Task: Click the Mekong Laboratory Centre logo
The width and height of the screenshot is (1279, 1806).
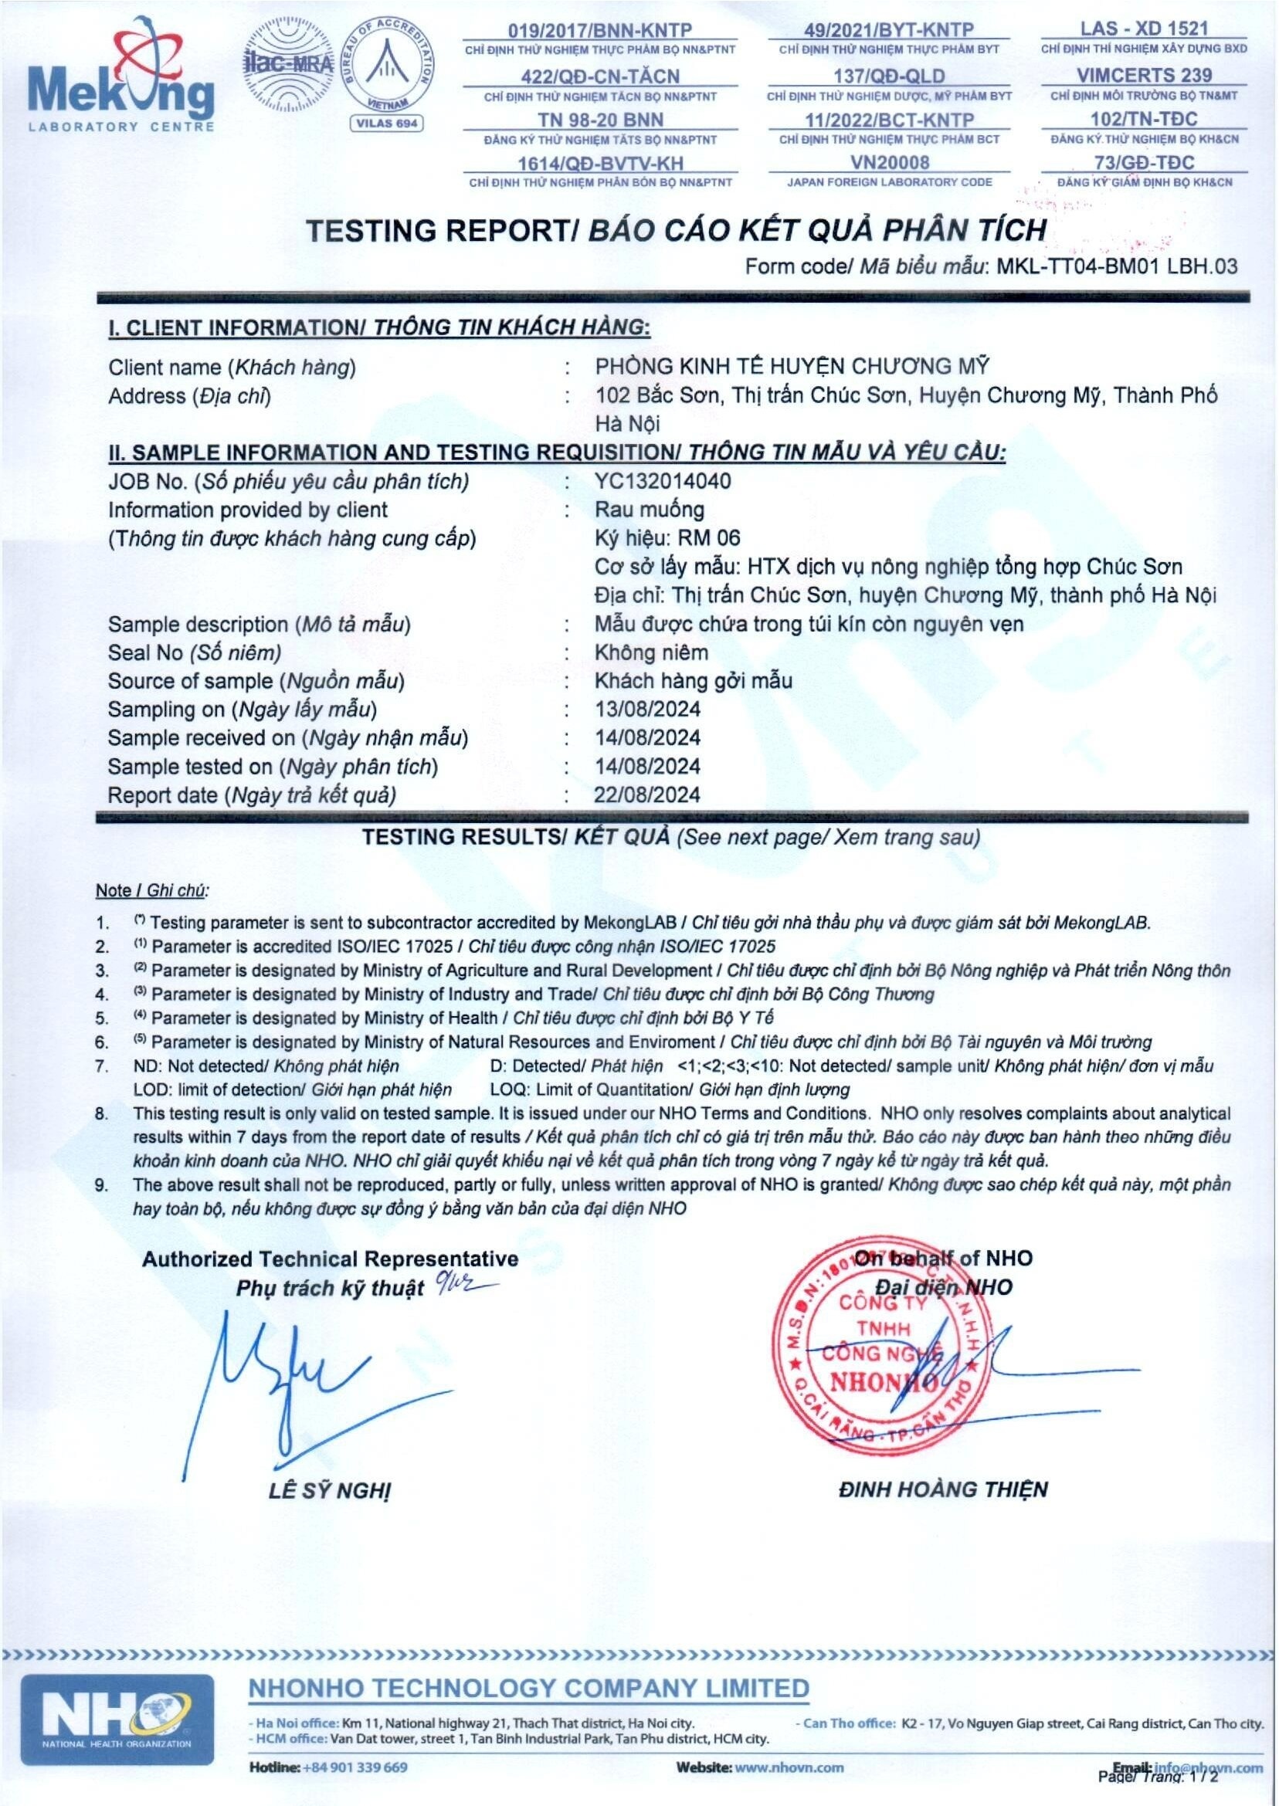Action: coord(120,79)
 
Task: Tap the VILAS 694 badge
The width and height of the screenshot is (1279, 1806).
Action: coord(386,123)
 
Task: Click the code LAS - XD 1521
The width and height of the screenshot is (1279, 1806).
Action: coord(1144,29)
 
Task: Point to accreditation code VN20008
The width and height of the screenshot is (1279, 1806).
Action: coord(889,163)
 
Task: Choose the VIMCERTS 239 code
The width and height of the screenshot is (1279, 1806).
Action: coord(1144,76)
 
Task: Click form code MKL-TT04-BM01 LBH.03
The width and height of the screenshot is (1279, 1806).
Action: coord(1117,266)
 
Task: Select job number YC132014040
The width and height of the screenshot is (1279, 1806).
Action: coord(663,481)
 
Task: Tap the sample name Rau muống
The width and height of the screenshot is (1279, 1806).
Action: coord(649,510)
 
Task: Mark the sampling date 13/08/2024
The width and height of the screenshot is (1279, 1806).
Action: coord(647,710)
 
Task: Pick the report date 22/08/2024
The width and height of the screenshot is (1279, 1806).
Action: coord(647,795)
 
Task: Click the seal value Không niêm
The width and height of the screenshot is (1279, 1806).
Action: coord(651,652)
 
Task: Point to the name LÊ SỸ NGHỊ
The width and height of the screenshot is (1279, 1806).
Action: coord(329,1491)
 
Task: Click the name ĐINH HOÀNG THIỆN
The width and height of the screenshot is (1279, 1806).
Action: coord(943,1489)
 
